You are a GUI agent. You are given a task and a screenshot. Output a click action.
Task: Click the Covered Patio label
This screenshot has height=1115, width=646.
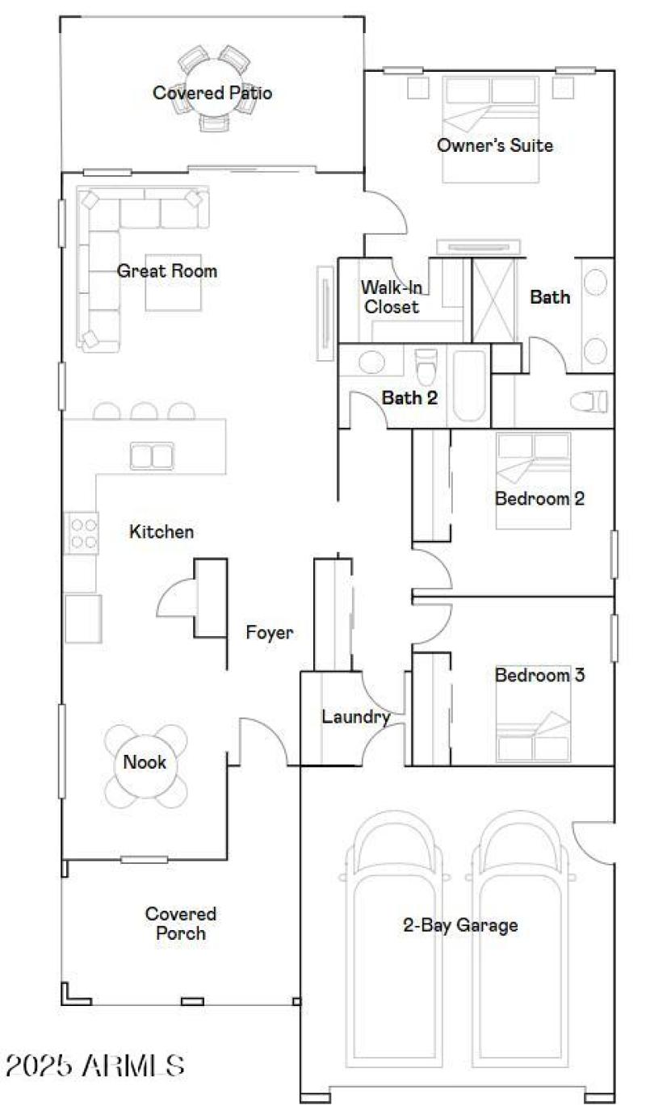pos(212,93)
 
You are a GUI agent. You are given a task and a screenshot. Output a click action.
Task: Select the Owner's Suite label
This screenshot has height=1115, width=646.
pos(494,145)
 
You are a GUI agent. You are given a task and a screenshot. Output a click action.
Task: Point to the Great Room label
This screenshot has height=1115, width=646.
pos(167,270)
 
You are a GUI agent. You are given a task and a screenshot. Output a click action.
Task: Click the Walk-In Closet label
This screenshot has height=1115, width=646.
pos(391,296)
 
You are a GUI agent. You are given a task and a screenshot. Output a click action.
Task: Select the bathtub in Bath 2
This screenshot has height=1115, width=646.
pos(469,385)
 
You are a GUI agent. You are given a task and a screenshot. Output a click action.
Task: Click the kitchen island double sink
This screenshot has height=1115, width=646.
pos(152,456)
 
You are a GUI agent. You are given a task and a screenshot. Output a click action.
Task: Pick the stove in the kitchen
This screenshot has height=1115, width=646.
pos(82,533)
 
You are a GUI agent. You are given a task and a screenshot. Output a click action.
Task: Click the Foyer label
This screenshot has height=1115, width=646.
pos(270,633)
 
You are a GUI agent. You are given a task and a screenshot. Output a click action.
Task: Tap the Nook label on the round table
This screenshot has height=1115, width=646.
pos(145,762)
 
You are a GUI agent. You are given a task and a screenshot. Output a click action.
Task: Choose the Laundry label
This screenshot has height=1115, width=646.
pos(356,717)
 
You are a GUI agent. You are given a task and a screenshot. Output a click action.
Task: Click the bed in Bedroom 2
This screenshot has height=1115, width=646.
pos(533,480)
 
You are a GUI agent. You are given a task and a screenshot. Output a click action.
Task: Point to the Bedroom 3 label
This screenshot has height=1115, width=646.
pos(539,675)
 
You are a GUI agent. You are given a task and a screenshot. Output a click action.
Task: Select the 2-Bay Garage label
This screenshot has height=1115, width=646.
pos(460,925)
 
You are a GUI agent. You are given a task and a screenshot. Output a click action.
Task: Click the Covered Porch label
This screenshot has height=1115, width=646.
pos(181,924)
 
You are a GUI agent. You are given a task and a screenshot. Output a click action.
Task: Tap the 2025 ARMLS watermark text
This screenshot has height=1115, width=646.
pos(95,1066)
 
